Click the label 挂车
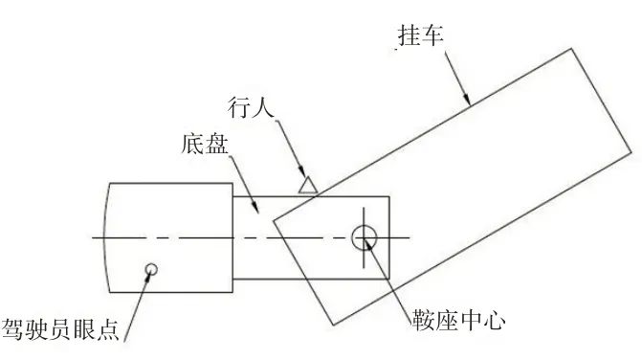click(420, 34)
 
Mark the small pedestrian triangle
click(307, 184)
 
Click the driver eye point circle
click(149, 270)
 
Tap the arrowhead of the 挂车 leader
click(468, 101)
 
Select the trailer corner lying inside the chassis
click(274, 223)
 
